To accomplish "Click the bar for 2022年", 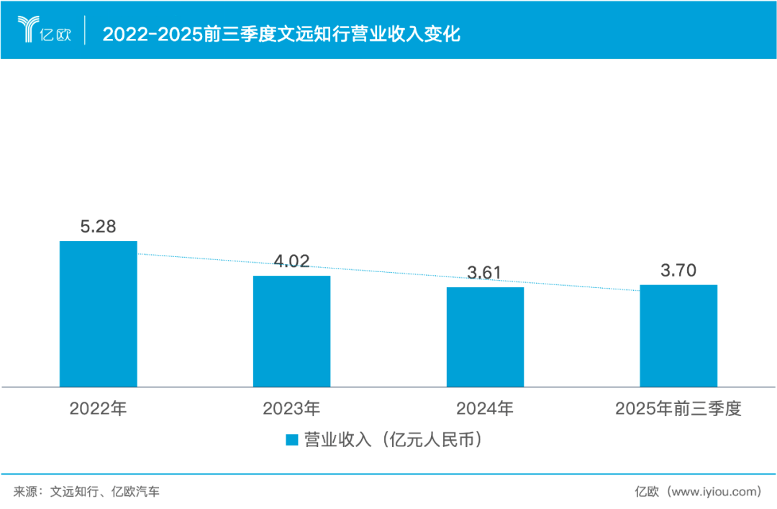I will coord(98,314).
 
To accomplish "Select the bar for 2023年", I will coord(291,331).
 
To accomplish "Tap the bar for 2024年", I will coord(485,337).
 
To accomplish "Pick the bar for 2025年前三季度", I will coord(678,335).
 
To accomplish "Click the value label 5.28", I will coord(98,227).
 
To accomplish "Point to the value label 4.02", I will coord(291,261).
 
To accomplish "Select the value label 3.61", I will coord(485,273).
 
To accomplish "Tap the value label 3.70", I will coord(678,271).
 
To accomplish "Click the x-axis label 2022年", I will coord(98,410).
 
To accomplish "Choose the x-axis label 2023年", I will coord(291,410).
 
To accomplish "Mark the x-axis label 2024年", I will coord(485,410).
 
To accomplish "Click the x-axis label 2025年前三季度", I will coord(678,410).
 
